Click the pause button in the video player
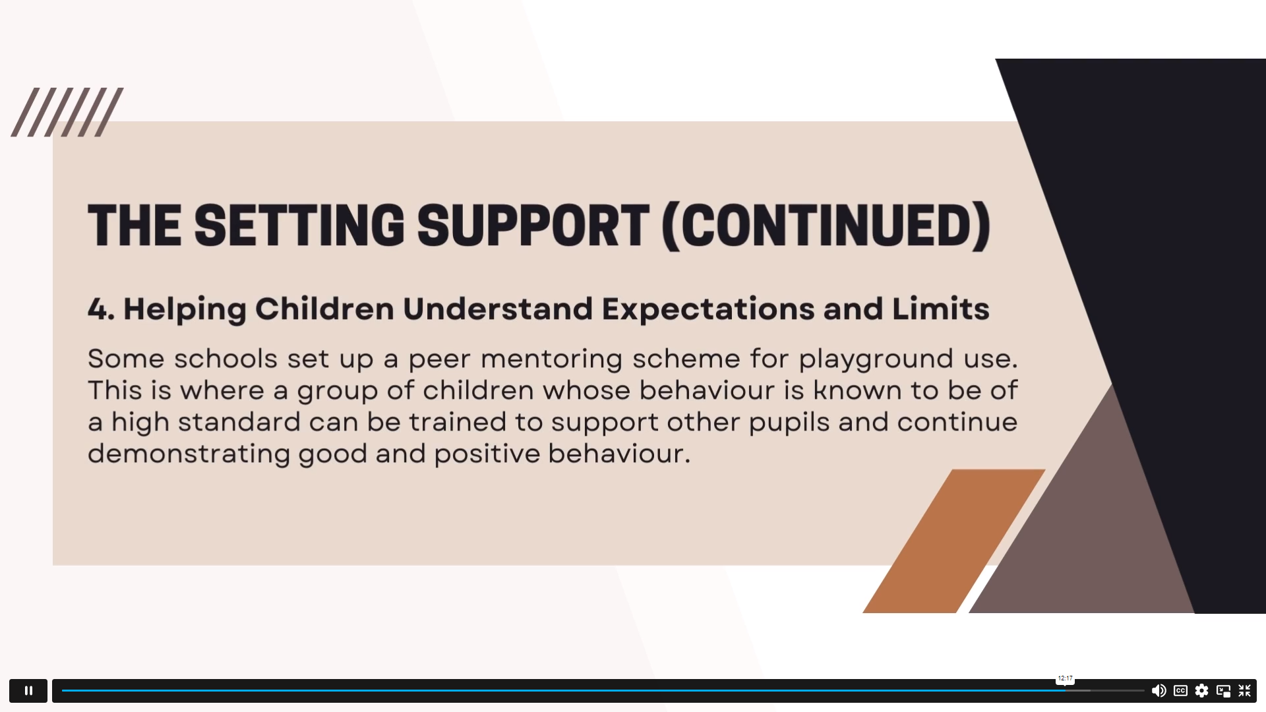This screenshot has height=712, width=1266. coord(28,690)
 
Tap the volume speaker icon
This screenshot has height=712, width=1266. coord(1159,690)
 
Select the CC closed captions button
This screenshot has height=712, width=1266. coord(1180,690)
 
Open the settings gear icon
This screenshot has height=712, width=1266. coord(1202,690)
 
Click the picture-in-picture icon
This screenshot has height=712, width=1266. coord(1223,690)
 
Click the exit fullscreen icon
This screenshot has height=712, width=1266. coord(1245,690)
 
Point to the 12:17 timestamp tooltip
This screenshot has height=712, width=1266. coord(1066,678)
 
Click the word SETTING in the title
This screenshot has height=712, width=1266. coord(299,225)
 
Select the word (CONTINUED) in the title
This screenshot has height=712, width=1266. coord(826,226)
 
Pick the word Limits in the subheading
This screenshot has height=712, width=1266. coord(941,309)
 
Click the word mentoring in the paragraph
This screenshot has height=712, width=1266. coord(551,359)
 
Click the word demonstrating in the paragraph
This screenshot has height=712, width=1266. coord(189,454)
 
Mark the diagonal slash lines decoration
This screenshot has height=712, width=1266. coord(67,112)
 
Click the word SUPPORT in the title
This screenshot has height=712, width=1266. coord(533,225)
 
